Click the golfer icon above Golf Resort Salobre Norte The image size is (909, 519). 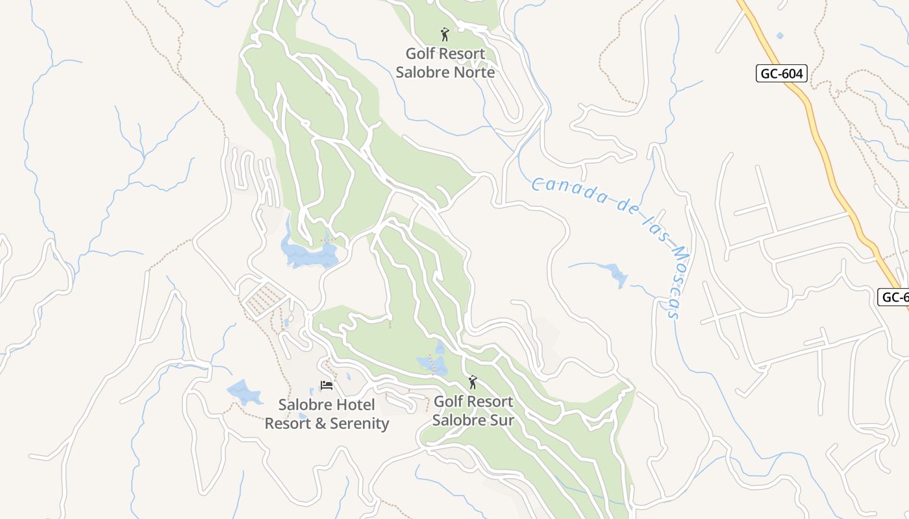(x=445, y=34)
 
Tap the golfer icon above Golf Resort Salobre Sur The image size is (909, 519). (x=473, y=383)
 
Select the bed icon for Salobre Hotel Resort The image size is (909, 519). (x=327, y=385)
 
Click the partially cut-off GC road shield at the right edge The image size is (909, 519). (x=894, y=297)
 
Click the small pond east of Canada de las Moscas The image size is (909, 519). (x=614, y=272)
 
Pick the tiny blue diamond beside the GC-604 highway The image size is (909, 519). (x=779, y=35)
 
